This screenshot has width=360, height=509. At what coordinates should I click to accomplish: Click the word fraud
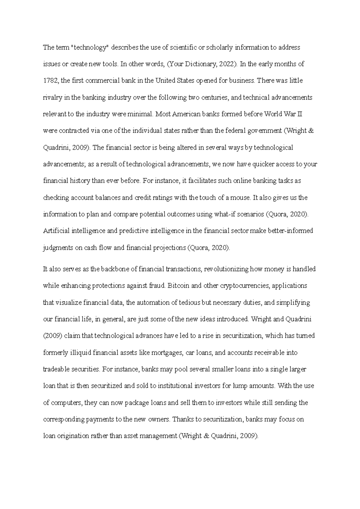point(157,286)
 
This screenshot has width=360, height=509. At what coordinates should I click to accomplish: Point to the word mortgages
point(167,353)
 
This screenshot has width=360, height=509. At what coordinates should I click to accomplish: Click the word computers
point(66,403)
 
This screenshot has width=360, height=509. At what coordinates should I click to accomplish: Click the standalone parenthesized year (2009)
point(52,336)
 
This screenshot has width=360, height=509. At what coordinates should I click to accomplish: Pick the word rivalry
point(52,97)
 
